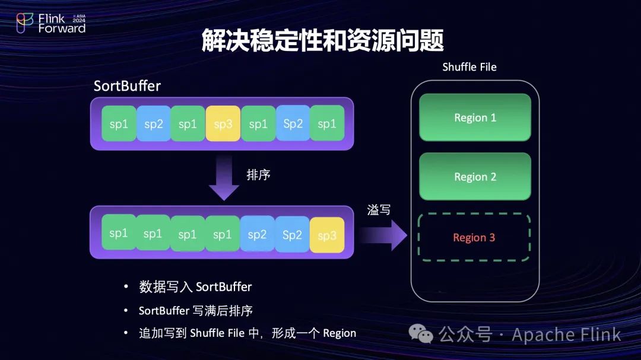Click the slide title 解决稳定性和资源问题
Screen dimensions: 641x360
pyautogui.click(x=323, y=40)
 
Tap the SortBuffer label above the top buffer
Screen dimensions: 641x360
pyautogui.click(x=127, y=86)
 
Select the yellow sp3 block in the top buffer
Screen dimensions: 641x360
pyautogui.click(x=223, y=123)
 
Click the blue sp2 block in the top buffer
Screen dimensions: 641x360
pyautogui.click(x=154, y=123)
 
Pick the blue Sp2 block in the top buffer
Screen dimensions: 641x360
pyautogui.click(x=293, y=123)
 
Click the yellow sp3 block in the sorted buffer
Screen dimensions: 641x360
pyautogui.click(x=327, y=235)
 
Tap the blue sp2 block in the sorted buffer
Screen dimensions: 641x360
pyautogui.click(x=257, y=234)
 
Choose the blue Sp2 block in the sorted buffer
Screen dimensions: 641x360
pyautogui.click(x=292, y=234)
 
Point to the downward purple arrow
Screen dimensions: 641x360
pyautogui.click(x=224, y=177)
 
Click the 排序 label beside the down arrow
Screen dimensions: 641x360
pyautogui.click(x=259, y=175)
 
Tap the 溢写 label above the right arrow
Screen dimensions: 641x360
pyautogui.click(x=379, y=209)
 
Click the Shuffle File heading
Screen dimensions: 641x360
pyautogui.click(x=469, y=66)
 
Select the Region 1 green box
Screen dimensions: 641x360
pyautogui.click(x=475, y=117)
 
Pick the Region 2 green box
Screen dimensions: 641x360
pyautogui.click(x=475, y=177)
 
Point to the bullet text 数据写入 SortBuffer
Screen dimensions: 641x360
pyautogui.click(x=195, y=287)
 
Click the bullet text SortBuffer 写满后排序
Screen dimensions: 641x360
pyautogui.click(x=196, y=310)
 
